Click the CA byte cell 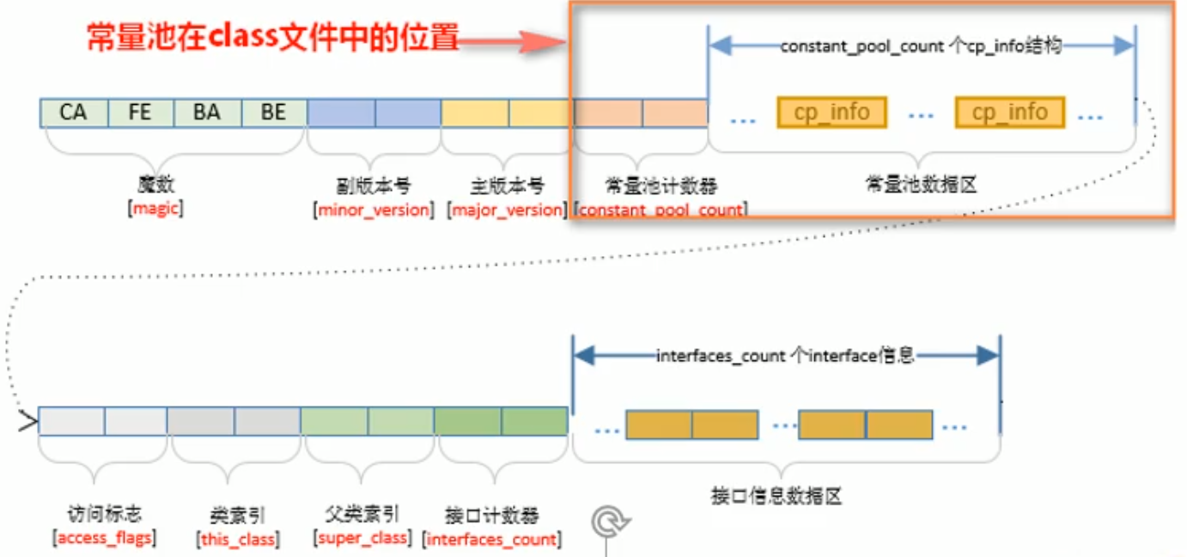(x=74, y=113)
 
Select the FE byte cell (x=140, y=113)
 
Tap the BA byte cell (x=206, y=113)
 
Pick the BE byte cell (x=273, y=113)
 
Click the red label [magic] (x=155, y=209)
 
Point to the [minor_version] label (x=374, y=210)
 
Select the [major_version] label (x=507, y=210)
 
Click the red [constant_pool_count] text (x=660, y=210)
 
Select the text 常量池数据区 (x=920, y=185)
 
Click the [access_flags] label (x=104, y=539)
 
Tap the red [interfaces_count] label (x=492, y=540)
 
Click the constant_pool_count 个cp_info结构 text (x=921, y=47)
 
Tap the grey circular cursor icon (x=610, y=521)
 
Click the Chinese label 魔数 (x=155, y=185)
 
